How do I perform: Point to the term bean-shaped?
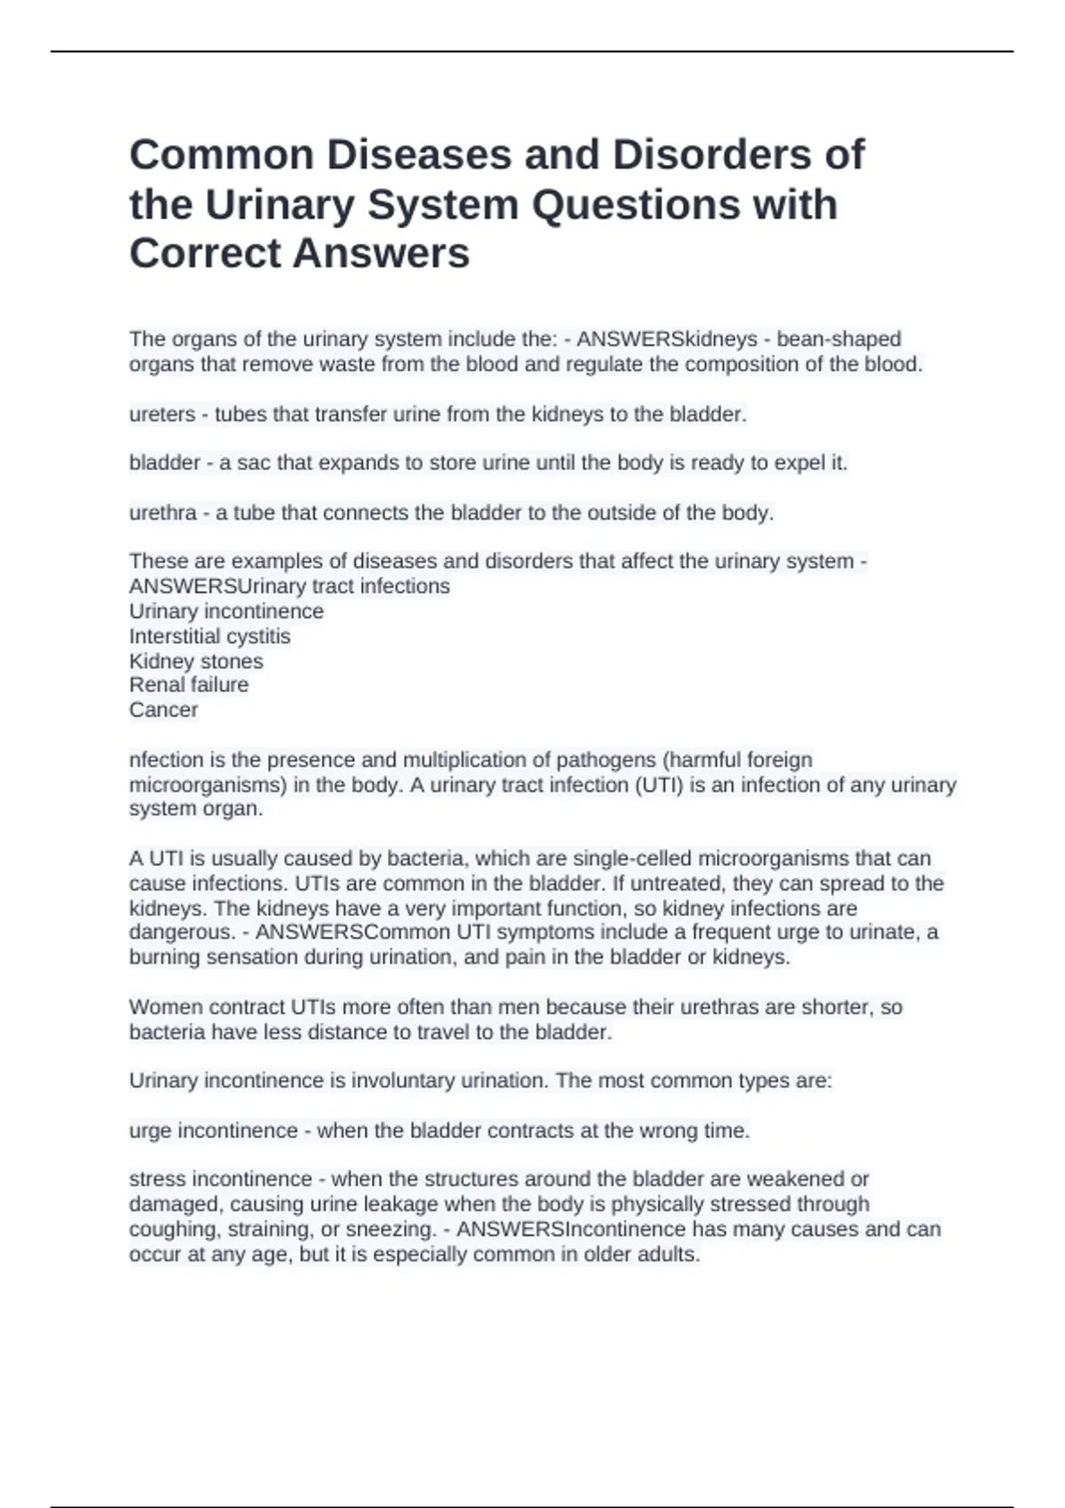839,340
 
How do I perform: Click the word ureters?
162,414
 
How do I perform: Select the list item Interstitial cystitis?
209,636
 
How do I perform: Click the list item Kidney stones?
196,661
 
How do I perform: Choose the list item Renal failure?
189,685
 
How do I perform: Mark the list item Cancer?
163,710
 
